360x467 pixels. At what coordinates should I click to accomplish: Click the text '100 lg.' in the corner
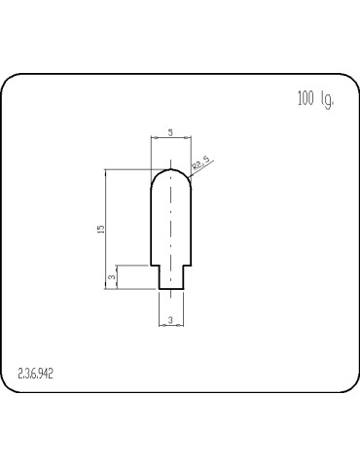[x=314, y=99]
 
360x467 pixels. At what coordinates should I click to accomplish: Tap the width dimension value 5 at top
[x=171, y=132]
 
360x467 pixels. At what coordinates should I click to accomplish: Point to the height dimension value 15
[x=100, y=229]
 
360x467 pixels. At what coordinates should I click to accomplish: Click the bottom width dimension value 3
[x=171, y=318]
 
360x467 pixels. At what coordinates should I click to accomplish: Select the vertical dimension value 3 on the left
[x=112, y=277]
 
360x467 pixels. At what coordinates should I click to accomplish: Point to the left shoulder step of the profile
[x=155, y=266]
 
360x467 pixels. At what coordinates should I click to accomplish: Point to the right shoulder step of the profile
[x=188, y=266]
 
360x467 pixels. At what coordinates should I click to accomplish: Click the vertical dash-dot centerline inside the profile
[x=171, y=224]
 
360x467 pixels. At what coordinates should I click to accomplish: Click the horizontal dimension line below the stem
[x=171, y=326]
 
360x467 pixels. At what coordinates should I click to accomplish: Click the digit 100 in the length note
[x=306, y=99]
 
